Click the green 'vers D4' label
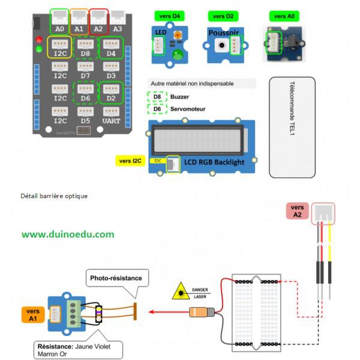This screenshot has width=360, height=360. (x=169, y=16)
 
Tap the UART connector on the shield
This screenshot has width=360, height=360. (x=111, y=113)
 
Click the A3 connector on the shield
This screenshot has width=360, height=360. (x=117, y=22)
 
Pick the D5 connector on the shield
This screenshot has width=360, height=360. (x=85, y=113)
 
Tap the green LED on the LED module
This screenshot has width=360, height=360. (x=177, y=56)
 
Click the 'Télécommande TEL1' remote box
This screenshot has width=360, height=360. (x=292, y=127)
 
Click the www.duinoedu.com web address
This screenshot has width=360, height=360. (x=68, y=234)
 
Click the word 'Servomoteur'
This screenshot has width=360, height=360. (x=188, y=109)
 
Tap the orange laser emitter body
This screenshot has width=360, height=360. (x=200, y=312)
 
